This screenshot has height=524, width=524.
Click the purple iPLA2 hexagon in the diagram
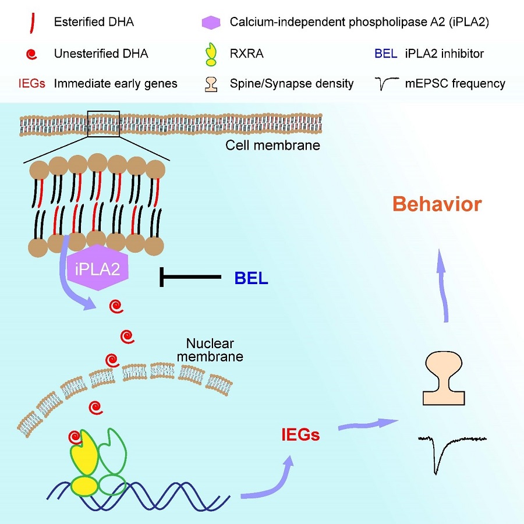coord(97,270)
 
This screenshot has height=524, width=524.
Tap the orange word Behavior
coord(437,204)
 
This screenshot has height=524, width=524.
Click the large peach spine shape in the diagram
coord(443,379)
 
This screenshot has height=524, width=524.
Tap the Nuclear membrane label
coord(214,349)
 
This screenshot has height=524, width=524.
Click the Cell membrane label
coord(272,144)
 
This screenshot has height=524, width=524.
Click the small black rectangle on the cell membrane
coord(103,123)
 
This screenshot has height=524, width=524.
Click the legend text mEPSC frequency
coord(455,83)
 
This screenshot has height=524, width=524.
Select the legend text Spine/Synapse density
coord(291,83)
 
